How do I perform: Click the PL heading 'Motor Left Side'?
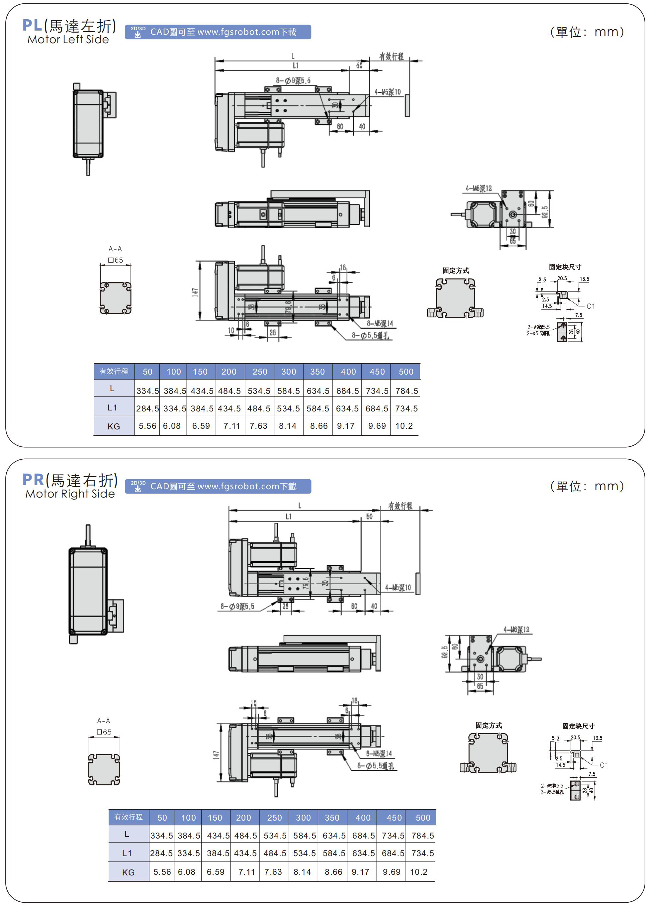point(68,40)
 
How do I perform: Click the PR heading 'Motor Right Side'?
point(70,494)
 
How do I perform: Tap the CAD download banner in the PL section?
point(218,32)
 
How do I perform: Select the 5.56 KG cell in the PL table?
point(147,426)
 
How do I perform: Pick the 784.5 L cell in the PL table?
point(406,391)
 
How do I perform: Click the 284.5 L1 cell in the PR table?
point(161,853)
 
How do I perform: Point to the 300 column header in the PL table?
point(288,372)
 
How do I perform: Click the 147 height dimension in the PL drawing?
point(195,292)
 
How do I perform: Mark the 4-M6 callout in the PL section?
point(479,188)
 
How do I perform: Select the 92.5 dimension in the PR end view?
point(445,651)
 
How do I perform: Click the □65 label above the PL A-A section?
point(116,260)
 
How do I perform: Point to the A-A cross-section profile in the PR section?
point(104,769)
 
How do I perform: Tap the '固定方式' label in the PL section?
point(456,271)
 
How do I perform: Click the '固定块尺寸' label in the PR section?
point(578,726)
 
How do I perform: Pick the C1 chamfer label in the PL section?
point(591,306)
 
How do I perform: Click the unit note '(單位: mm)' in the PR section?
point(587,486)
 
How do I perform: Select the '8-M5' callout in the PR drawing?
point(379,753)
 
